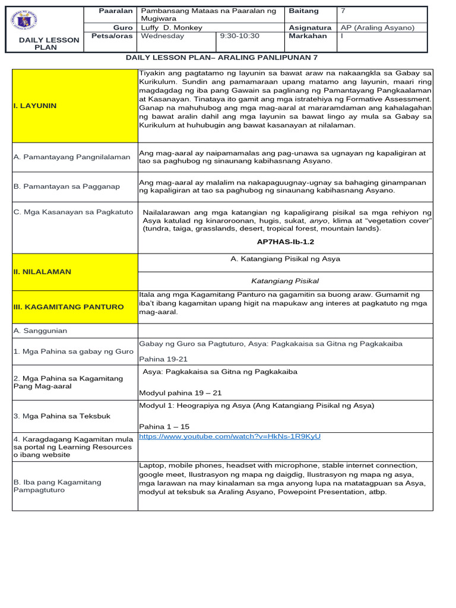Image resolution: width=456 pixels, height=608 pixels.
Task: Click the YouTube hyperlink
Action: pyautogui.click(x=230, y=436)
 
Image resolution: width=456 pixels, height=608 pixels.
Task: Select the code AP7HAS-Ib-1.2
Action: pyautogui.click(x=285, y=242)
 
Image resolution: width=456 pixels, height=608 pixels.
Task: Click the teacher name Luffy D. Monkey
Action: pyautogui.click(x=170, y=28)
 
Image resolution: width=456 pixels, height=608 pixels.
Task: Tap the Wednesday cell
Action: pyautogui.click(x=161, y=36)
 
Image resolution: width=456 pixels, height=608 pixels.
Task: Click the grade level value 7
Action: pyautogui.click(x=344, y=11)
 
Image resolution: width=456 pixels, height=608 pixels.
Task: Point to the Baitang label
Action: pyautogui.click(x=303, y=11)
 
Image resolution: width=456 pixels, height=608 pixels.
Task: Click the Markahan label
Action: pyautogui.click(x=308, y=36)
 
